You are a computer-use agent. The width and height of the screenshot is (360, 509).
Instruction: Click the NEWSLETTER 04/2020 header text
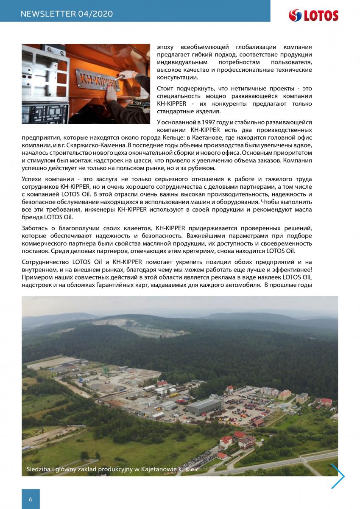(x=67, y=14)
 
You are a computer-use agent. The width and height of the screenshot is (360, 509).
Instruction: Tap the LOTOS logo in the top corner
(x=313, y=16)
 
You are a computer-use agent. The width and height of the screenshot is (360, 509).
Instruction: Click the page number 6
(x=31, y=499)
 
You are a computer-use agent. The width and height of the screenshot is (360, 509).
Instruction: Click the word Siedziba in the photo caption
(x=39, y=470)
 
